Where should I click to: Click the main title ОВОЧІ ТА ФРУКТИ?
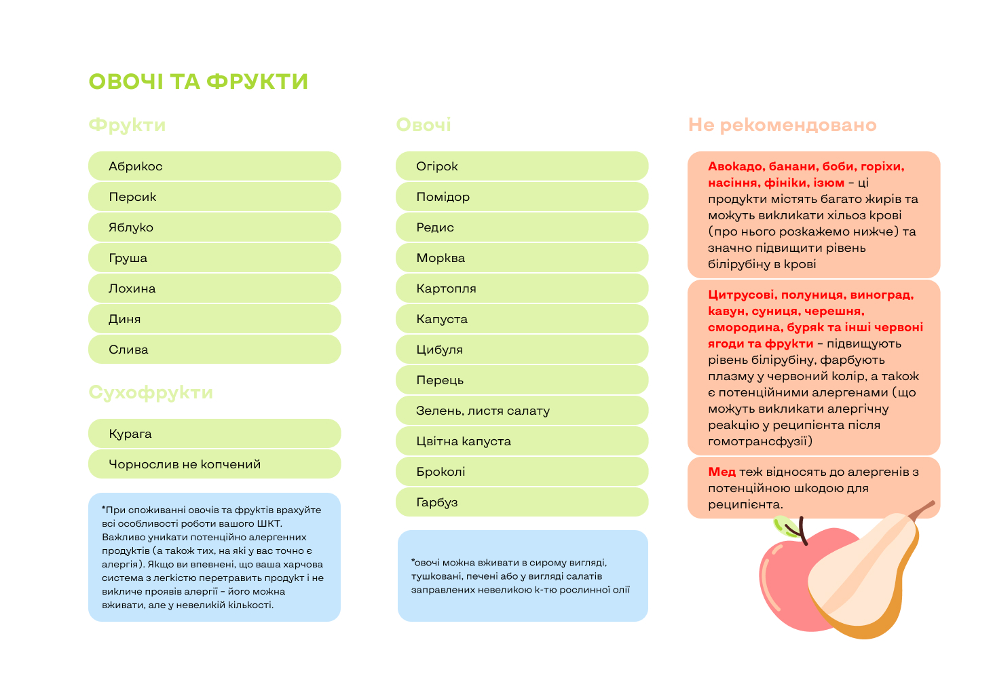tap(198, 81)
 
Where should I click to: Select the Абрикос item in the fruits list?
tap(214, 166)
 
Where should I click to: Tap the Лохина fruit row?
tap(214, 288)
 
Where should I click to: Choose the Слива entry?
tap(214, 350)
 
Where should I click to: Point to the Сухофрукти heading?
tap(151, 392)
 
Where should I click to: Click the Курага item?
tap(214, 434)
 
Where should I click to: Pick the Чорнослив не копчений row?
tap(214, 464)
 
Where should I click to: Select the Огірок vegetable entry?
tap(521, 166)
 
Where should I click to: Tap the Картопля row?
tap(521, 288)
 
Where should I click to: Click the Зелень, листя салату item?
tap(521, 411)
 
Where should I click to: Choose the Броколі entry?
tap(521, 472)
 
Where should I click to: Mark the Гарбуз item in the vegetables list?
tap(521, 502)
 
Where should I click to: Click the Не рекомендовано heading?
tap(782, 125)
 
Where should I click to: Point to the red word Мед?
tap(722, 472)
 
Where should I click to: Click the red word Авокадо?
tap(736, 167)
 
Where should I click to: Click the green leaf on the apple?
tap(785, 526)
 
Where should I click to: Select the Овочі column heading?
tap(424, 125)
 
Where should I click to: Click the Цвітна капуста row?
tap(521, 441)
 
